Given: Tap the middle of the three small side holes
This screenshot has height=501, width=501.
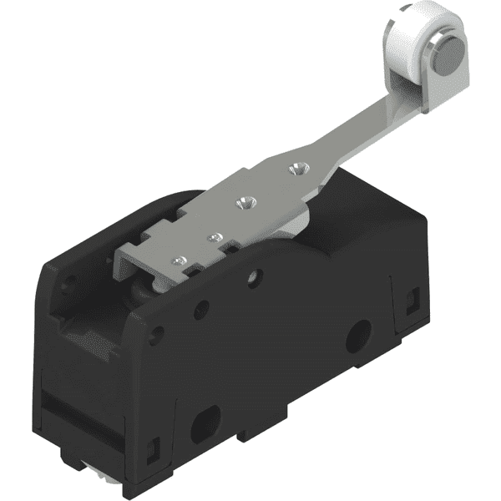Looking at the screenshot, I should pos(200,311).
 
